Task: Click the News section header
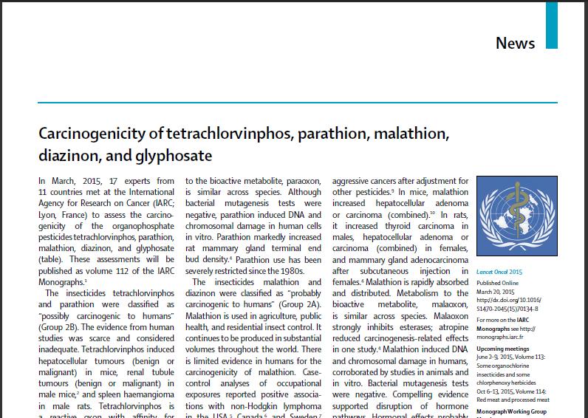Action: (x=515, y=42)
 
